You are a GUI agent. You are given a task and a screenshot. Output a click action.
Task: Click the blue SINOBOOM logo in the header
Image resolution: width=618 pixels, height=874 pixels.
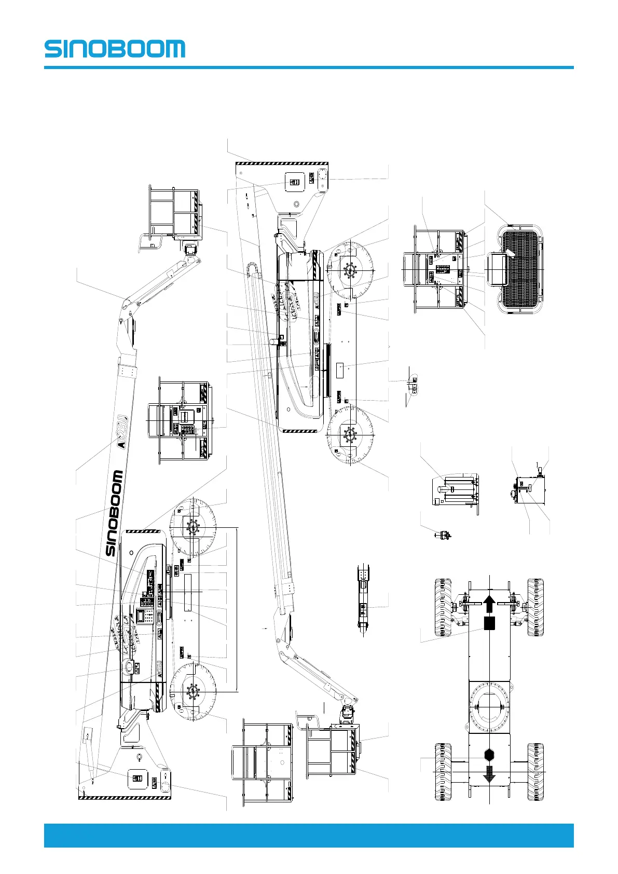click(115, 49)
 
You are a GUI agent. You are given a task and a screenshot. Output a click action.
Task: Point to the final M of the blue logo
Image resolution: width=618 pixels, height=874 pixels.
click(174, 49)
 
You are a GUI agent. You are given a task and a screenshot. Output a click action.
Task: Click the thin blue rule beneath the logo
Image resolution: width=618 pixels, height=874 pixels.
click(309, 67)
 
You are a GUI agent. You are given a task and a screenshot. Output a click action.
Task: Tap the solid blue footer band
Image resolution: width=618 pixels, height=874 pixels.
click(309, 835)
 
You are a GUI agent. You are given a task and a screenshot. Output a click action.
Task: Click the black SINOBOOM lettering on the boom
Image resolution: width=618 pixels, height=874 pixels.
click(115, 513)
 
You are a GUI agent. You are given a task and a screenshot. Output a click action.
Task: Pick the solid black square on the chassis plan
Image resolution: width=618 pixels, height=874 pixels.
click(489, 623)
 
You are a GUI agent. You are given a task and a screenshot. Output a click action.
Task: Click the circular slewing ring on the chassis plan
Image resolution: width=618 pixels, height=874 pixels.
click(489, 706)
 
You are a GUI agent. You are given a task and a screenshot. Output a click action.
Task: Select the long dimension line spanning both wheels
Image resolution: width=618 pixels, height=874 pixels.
click(238, 610)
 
